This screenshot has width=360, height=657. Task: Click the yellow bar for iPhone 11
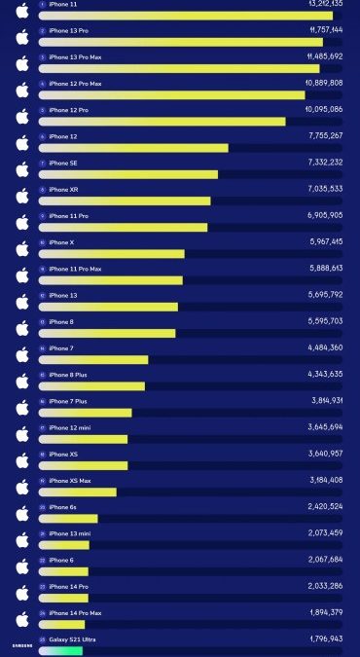point(185,16)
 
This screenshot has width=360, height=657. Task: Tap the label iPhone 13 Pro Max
point(75,57)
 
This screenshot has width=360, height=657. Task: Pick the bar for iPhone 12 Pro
point(162,122)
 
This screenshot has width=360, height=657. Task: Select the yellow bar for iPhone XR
point(125,201)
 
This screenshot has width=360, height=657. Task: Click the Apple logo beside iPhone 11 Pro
point(22,222)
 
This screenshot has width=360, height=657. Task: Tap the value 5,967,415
point(324,241)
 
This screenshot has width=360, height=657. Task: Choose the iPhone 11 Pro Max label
point(75,269)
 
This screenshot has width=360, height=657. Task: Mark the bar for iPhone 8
point(107,334)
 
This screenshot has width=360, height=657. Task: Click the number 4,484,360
point(324,347)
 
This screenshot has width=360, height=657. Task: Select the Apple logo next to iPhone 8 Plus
point(22,381)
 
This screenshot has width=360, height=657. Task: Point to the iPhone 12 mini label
point(69,427)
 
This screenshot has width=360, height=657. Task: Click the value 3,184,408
point(324,480)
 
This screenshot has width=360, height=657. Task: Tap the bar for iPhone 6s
point(68,519)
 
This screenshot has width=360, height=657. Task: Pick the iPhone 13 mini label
point(69,533)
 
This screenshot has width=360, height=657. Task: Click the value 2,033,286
point(324,586)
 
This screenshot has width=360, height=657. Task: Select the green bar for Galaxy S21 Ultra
point(60,650)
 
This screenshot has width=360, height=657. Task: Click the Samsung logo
point(21,645)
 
